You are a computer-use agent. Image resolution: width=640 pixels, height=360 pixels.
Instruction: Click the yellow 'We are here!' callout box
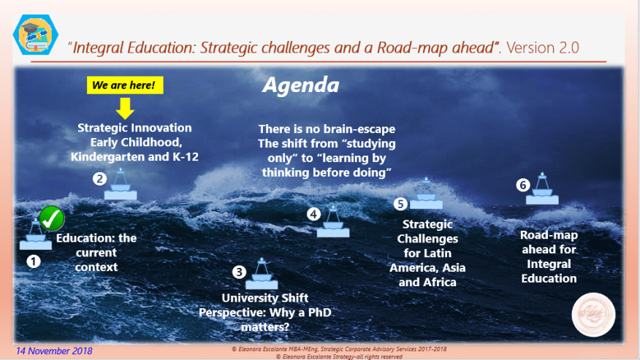(125, 85)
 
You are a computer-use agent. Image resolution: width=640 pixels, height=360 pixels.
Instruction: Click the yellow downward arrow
(125, 108)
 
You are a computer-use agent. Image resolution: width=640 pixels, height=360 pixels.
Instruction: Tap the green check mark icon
(51, 218)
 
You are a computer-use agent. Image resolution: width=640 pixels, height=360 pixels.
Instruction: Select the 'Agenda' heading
(301, 85)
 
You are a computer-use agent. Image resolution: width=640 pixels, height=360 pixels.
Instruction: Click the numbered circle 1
(33, 259)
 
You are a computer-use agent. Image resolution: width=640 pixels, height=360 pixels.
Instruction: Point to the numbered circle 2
(99, 178)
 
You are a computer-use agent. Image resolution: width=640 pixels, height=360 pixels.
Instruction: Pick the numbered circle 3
(238, 272)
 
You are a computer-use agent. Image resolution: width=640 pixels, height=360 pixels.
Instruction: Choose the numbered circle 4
(313, 215)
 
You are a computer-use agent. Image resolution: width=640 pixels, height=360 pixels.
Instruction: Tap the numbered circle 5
(400, 204)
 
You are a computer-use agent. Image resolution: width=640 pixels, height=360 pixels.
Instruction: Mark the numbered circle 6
(522, 185)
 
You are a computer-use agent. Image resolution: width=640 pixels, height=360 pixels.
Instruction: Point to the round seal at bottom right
(594, 313)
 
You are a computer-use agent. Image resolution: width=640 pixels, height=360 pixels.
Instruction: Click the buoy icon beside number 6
(542, 191)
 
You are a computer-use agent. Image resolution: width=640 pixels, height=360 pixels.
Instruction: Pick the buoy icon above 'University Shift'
(262, 274)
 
